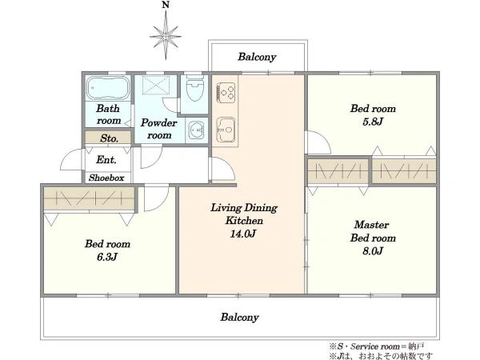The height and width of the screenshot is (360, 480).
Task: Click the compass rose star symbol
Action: tap(166, 37)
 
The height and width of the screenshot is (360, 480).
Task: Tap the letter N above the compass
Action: tap(166, 5)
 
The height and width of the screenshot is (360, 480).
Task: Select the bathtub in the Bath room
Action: tap(108, 88)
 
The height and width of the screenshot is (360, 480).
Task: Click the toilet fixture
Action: tap(194, 89)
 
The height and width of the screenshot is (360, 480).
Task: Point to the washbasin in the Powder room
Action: tap(196, 130)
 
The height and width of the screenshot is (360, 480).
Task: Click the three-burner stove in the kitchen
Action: tap(226, 93)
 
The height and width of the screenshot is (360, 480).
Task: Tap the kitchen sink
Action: tap(226, 130)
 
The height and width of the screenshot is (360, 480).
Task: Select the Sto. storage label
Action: tap(109, 138)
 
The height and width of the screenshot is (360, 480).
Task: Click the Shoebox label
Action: tap(106, 178)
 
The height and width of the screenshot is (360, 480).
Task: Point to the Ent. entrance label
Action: tap(106, 159)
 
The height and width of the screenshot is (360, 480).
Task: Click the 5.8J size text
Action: tap(373, 122)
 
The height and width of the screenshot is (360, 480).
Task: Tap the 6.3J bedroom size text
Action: tap(107, 257)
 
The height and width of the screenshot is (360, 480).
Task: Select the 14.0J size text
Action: tap(242, 234)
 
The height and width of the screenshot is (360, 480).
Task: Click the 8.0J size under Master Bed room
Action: tap(373, 251)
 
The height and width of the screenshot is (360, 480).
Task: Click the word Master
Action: tap(372, 225)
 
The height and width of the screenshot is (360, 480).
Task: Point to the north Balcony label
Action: tap(257, 57)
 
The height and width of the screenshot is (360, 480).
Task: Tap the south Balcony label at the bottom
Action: tap(240, 318)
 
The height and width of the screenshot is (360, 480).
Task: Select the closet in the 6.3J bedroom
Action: tap(90, 199)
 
